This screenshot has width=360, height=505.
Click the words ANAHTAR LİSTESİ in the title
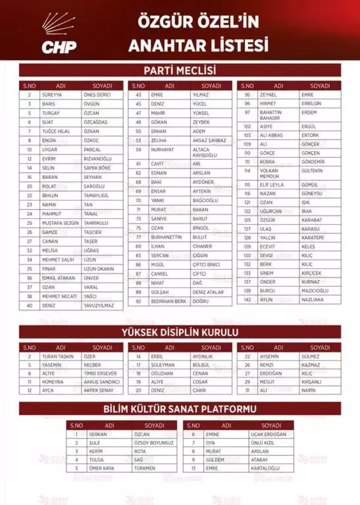(198, 45)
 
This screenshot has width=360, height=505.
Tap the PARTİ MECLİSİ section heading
(180, 70)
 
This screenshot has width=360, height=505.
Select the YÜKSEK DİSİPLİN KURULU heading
(180, 332)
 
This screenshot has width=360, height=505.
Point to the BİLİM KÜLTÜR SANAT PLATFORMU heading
(180, 409)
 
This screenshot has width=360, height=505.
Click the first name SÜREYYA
(52, 95)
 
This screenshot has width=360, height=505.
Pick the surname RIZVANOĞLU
(97, 159)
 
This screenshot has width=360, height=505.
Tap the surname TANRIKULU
(96, 223)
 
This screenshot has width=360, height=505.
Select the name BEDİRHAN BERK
(168, 301)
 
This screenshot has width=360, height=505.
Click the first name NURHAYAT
(162, 150)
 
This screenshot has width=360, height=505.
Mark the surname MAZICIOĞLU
(315, 291)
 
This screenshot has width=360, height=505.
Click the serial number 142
(248, 300)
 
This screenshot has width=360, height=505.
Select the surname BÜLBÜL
(202, 365)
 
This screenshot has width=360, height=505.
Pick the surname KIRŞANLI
(312, 382)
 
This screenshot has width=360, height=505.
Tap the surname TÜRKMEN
(145, 468)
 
